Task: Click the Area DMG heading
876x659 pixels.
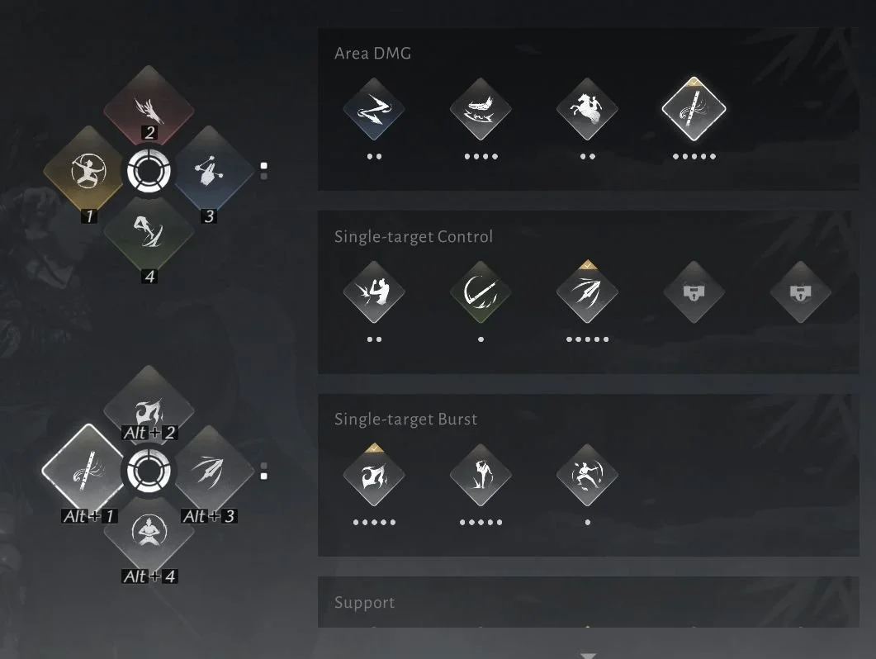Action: [x=372, y=54]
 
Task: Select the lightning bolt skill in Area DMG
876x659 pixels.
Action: [x=374, y=109]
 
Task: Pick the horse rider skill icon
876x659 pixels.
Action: [x=587, y=109]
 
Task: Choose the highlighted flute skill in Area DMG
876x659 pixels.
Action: [x=694, y=109]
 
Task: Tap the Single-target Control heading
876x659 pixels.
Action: [x=414, y=236]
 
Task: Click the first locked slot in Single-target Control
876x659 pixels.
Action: [x=694, y=292]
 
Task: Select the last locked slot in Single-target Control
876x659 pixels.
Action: [x=801, y=292]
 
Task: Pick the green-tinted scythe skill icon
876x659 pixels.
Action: [x=481, y=292]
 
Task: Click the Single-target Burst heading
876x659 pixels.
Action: [x=405, y=420]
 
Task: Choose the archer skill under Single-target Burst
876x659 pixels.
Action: [x=587, y=475]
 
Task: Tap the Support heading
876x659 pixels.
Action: [x=364, y=603]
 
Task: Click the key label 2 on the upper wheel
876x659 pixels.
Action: [x=149, y=132]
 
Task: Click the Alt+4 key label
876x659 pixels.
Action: [x=149, y=576]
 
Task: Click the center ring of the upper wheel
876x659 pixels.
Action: [x=149, y=170]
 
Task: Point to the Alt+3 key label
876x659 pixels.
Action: [x=210, y=516]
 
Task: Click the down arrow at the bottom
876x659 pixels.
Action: [x=589, y=655]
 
